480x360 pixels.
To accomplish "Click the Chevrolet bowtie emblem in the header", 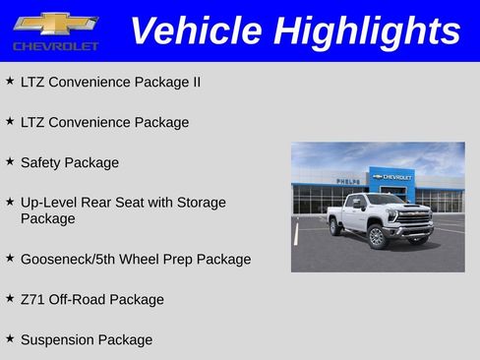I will [55, 23].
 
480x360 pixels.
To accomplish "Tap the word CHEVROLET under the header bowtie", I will [55, 46].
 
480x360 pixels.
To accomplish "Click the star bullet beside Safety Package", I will [10, 160].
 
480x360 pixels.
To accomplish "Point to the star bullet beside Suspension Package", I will [10, 337].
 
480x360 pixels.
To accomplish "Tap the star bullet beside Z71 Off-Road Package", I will [10, 297].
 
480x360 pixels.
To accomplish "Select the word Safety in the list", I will [40, 162].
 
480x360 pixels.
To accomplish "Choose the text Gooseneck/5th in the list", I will [69, 259].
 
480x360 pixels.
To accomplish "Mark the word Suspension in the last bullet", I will [60, 339].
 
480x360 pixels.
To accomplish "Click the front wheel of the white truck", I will [377, 236].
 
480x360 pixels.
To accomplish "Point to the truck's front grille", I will [414, 219].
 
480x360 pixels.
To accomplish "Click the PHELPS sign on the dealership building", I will [347, 181].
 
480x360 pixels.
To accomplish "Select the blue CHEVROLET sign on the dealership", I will [393, 177].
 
